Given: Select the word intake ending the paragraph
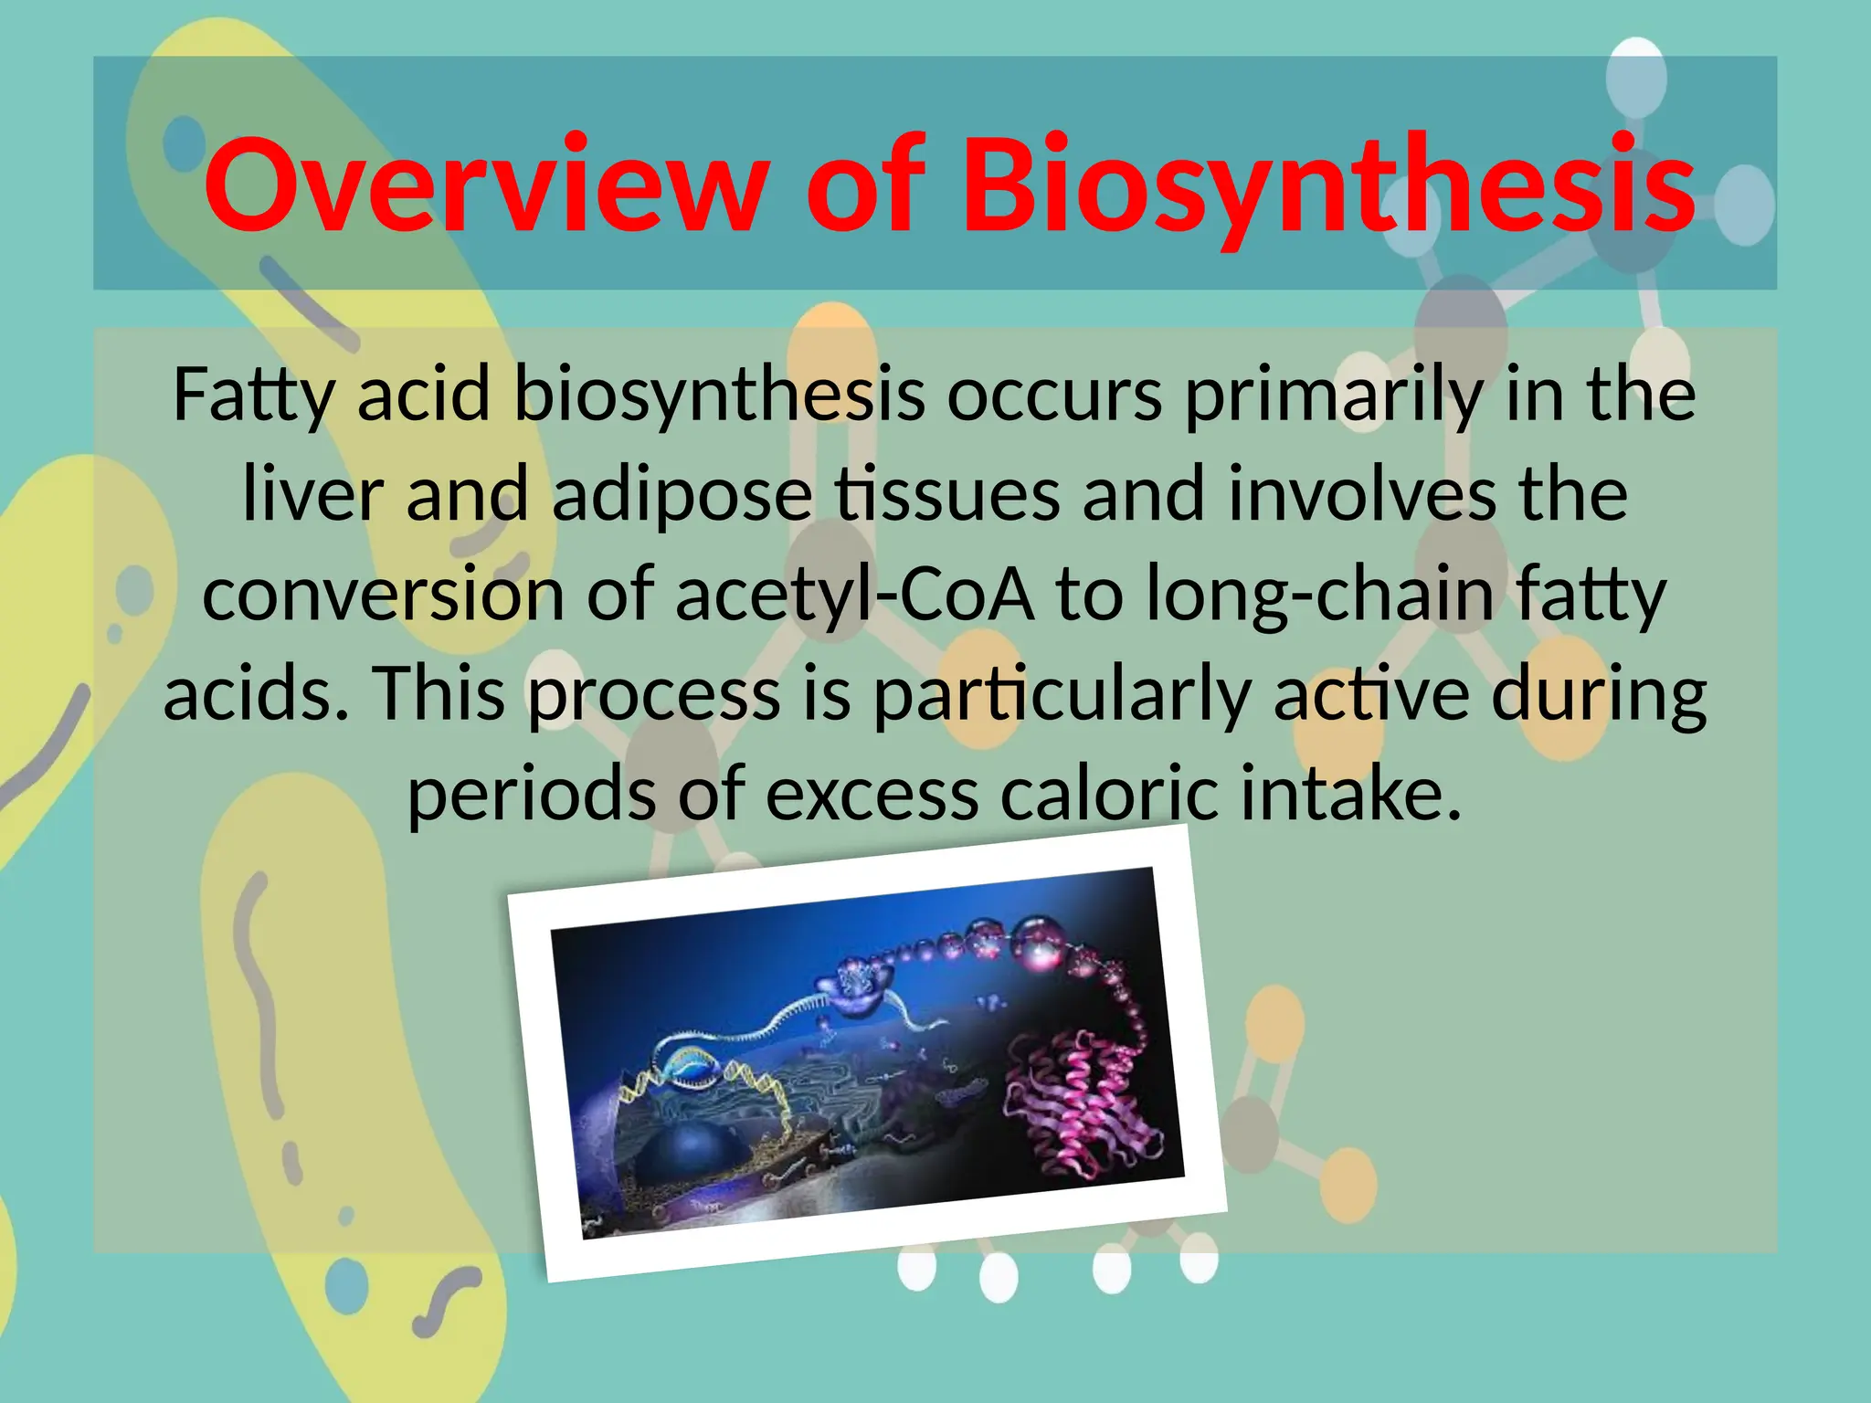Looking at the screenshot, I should click(1350, 793).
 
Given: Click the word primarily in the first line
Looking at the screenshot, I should click(1333, 396).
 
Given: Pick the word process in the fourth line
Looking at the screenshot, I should click(654, 694).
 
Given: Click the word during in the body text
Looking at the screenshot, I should click(1599, 694).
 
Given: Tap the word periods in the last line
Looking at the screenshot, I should click(531, 793).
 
